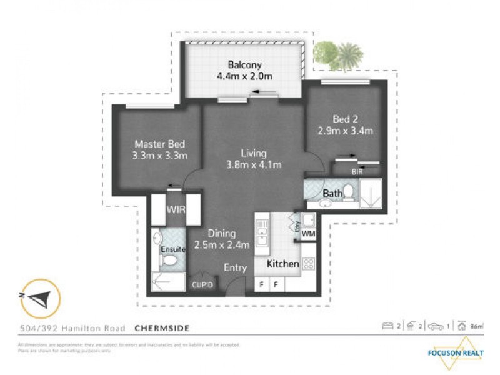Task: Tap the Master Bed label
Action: [x=160, y=143]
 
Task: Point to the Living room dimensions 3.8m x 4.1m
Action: [x=254, y=165]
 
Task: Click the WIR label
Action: [x=176, y=209]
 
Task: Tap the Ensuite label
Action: [x=173, y=249]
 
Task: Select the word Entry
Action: [x=236, y=268]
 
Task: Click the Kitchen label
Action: [x=282, y=264]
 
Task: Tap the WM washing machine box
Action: [x=308, y=234]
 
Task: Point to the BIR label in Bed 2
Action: [x=357, y=171]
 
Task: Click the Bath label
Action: [x=332, y=194]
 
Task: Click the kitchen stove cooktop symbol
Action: [x=308, y=264]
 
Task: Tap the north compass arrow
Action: [x=39, y=298]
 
